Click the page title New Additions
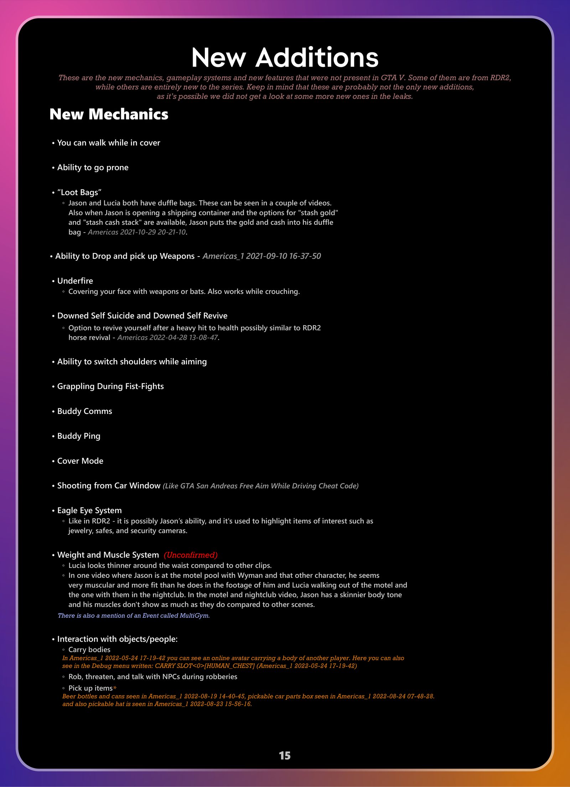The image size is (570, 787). (x=285, y=57)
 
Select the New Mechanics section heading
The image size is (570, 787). (x=109, y=114)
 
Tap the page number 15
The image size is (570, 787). (x=285, y=756)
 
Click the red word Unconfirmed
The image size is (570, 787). (x=191, y=555)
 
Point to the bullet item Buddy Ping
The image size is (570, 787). (x=79, y=436)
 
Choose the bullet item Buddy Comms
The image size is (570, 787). (x=84, y=411)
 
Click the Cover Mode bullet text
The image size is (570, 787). (x=80, y=461)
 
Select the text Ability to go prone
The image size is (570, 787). (x=93, y=167)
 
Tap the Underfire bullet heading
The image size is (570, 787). (x=75, y=281)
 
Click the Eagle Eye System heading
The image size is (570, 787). (x=89, y=511)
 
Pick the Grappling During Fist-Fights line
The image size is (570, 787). (x=110, y=387)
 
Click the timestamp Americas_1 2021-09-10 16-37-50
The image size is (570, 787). (x=261, y=256)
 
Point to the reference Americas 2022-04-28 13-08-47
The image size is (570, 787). (x=167, y=337)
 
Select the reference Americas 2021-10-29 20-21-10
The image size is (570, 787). (x=137, y=232)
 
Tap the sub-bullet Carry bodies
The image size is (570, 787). (x=89, y=649)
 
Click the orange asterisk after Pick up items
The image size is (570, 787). (x=115, y=688)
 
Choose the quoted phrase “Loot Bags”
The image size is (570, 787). (x=79, y=192)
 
